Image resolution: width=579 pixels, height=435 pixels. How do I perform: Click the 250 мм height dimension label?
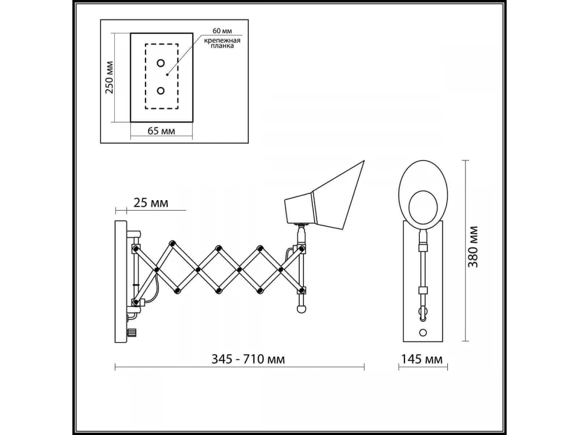click(109, 77)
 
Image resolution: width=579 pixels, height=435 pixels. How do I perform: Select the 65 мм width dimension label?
click(161, 130)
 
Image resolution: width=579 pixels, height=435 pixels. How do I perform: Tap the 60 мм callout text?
click(222, 31)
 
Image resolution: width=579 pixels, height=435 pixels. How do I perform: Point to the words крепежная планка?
click(222, 43)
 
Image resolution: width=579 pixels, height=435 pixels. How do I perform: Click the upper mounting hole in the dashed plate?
click(161, 63)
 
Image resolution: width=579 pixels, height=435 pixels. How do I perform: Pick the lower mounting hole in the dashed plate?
click(161, 91)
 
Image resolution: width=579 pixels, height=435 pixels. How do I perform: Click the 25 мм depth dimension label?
click(151, 203)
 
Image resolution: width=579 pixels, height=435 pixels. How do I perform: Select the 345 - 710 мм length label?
click(248, 359)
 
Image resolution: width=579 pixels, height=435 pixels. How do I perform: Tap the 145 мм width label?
click(422, 359)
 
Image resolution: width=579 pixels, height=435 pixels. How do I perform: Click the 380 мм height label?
click(473, 246)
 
